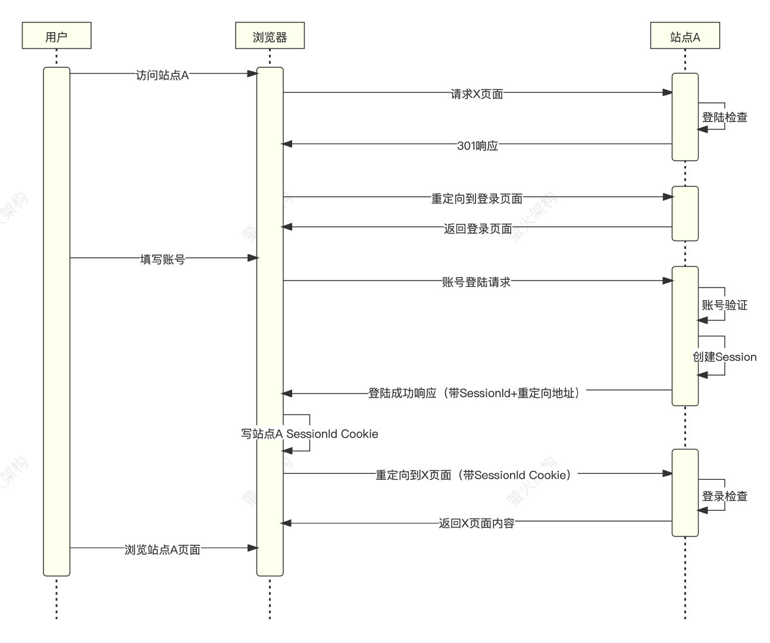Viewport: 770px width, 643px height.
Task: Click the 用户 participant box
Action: click(57, 36)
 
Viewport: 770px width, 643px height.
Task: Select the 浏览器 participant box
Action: click(270, 36)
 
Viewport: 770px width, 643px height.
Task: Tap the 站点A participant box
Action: click(685, 36)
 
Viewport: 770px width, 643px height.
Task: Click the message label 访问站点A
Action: click(162, 75)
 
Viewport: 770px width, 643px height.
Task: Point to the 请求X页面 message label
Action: click(477, 94)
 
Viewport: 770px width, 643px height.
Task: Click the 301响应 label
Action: click(477, 145)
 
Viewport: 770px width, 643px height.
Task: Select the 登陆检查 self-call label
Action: click(724, 117)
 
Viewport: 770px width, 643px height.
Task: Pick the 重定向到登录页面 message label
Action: click(477, 198)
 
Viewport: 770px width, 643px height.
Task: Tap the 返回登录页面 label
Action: click(477, 228)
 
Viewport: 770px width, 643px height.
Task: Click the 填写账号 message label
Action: click(162, 260)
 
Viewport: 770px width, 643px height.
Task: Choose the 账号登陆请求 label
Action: click(476, 282)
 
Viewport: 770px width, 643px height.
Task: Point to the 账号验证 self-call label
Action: click(724, 305)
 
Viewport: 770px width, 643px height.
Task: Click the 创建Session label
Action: click(724, 357)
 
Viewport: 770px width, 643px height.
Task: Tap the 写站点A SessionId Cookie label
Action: click(309, 434)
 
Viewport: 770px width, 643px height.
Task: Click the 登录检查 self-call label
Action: click(724, 496)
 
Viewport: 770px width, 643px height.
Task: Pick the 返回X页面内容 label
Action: click(477, 523)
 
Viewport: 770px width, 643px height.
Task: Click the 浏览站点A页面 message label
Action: click(162, 550)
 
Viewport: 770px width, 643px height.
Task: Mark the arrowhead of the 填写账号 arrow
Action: click(253, 258)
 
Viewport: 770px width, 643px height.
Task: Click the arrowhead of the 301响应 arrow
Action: click(286, 144)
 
